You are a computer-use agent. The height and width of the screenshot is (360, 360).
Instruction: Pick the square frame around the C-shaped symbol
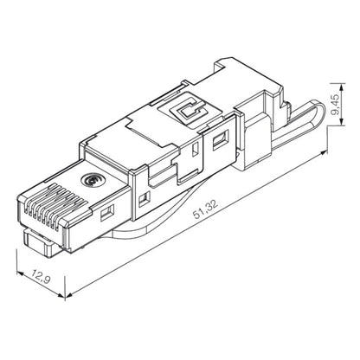click(189, 110)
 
